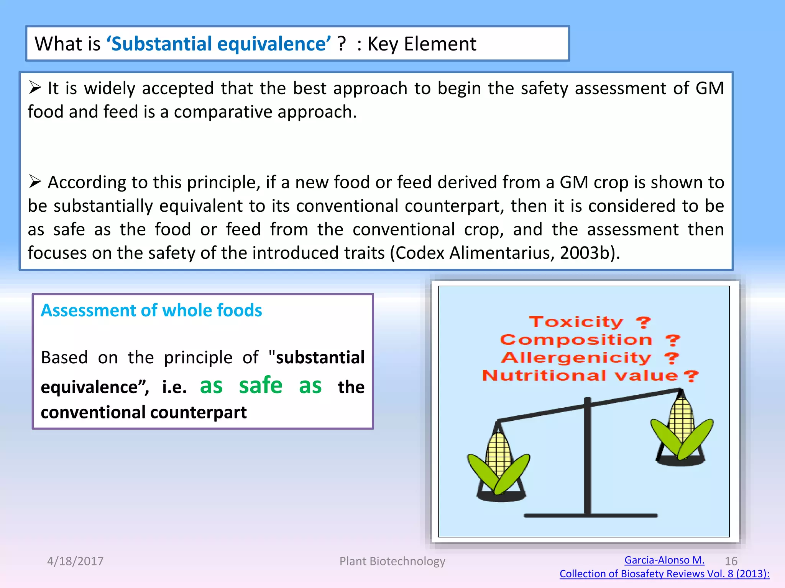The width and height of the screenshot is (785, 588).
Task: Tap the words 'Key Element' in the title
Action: (x=422, y=44)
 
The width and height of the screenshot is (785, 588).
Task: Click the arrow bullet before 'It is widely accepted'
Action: (x=35, y=88)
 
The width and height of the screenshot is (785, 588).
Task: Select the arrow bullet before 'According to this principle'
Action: (x=35, y=181)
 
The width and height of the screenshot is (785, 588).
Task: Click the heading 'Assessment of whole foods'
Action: (x=151, y=310)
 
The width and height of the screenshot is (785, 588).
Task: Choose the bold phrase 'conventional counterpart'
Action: (x=144, y=412)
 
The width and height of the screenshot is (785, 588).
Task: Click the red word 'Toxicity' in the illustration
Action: (x=576, y=322)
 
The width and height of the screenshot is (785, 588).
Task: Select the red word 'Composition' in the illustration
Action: (x=576, y=340)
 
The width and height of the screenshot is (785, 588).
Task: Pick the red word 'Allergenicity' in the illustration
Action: (x=576, y=358)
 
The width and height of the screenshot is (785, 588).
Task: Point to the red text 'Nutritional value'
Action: (x=580, y=376)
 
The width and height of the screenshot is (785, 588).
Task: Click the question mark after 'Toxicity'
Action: (x=644, y=322)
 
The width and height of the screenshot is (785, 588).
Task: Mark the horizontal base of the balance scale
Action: (x=590, y=516)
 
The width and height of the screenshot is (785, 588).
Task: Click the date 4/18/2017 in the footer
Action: (x=75, y=561)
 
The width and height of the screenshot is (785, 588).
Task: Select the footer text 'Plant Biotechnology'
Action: (x=392, y=561)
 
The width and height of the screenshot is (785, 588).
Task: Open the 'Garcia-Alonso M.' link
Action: (x=664, y=560)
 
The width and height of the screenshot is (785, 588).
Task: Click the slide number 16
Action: (x=731, y=561)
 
